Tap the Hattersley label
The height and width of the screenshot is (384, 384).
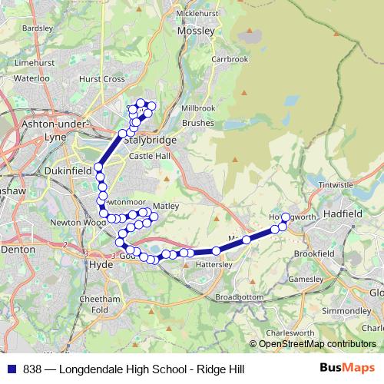point(214,264)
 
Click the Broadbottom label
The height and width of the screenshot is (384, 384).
point(239,296)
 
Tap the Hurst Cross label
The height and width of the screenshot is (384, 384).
point(101,78)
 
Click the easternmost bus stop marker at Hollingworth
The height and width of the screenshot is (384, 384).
point(286,217)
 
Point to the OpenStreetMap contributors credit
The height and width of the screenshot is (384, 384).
point(317,344)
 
